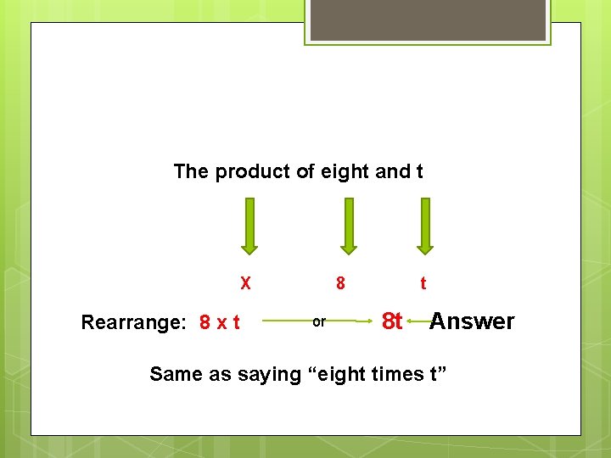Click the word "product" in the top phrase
(x=253, y=172)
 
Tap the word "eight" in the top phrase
(x=345, y=172)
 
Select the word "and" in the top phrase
(x=392, y=172)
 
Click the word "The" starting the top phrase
(x=191, y=172)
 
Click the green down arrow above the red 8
(x=347, y=226)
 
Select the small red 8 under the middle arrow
(x=340, y=283)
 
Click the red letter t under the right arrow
(x=423, y=283)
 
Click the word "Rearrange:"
(x=136, y=322)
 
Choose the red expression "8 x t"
(x=219, y=322)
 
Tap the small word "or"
(x=319, y=322)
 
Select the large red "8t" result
(x=391, y=321)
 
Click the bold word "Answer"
(x=472, y=321)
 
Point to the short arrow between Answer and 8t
(x=416, y=321)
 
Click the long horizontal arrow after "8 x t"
(x=284, y=321)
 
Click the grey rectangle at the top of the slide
(x=428, y=20)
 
